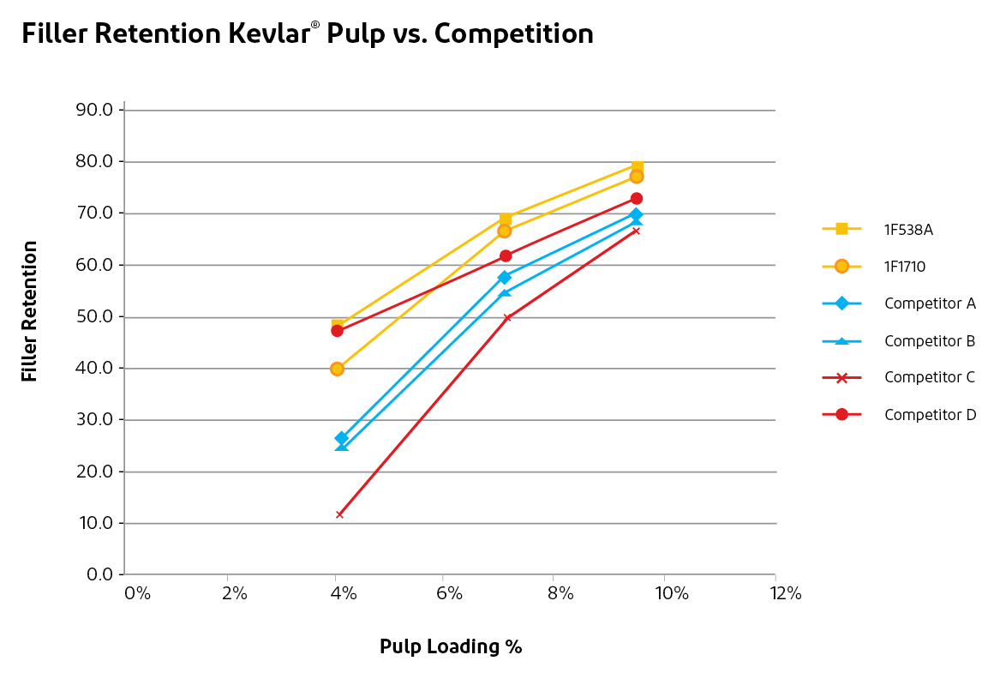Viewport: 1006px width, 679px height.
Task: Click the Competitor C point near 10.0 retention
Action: [x=340, y=514]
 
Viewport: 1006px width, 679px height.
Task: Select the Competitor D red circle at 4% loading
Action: [x=337, y=330]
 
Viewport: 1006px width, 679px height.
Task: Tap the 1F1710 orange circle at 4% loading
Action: [x=337, y=369]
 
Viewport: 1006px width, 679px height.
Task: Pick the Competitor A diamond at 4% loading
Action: [x=342, y=438]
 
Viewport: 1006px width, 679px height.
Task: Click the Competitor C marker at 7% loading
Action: [x=506, y=317]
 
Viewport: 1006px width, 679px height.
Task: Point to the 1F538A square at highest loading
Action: [x=638, y=166]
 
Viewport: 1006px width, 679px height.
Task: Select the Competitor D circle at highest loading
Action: [x=637, y=199]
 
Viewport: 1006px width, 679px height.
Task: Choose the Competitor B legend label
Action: [x=930, y=340]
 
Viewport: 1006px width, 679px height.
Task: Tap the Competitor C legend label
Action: [x=930, y=377]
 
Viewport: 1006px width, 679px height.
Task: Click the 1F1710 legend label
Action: [x=905, y=267]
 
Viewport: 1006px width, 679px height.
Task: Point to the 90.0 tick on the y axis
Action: [x=95, y=110]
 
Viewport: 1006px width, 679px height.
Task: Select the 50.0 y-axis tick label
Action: [x=95, y=316]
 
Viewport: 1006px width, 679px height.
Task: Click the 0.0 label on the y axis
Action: [x=99, y=574]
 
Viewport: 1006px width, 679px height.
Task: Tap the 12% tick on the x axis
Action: [x=786, y=593]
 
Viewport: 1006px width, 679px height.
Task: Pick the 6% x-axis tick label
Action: [x=451, y=593]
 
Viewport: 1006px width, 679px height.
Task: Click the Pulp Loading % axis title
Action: [x=451, y=646]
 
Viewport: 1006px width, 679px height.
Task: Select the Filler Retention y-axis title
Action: [x=30, y=311]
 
